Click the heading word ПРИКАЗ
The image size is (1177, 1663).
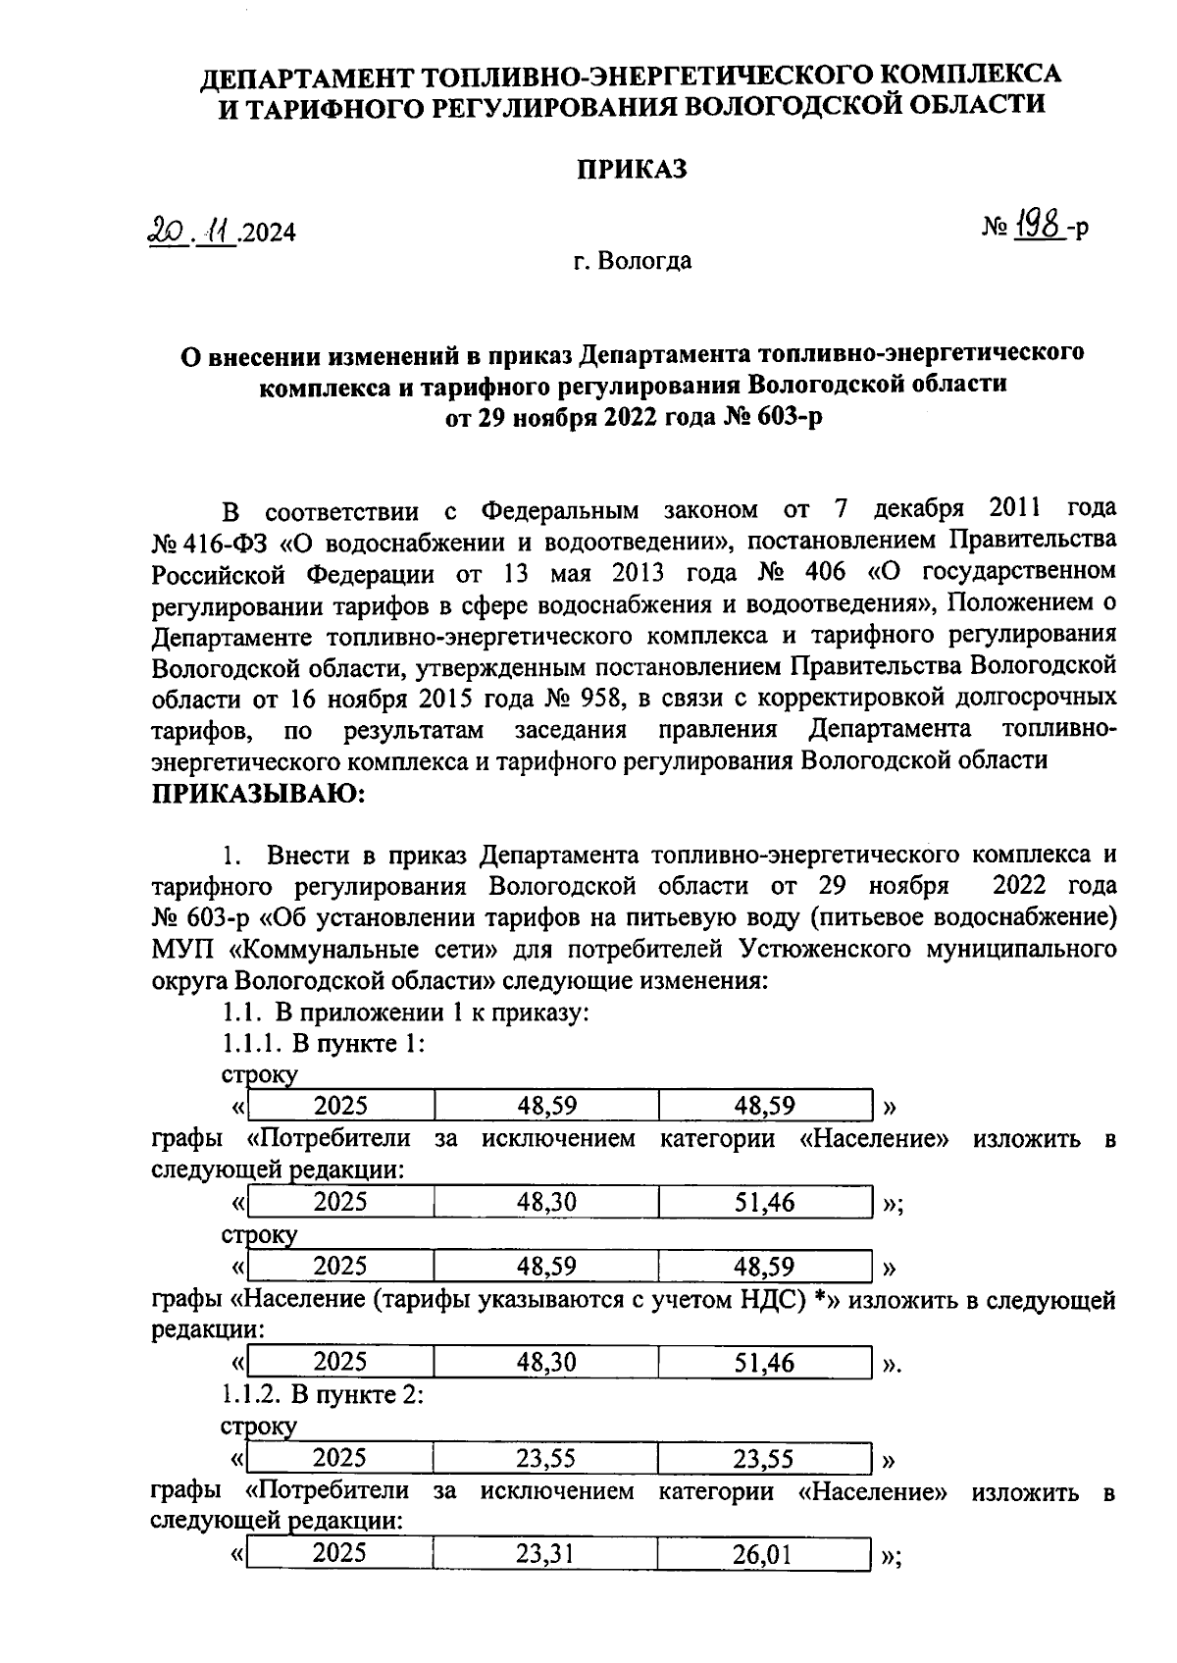[631, 170]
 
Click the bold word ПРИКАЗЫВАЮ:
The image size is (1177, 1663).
[258, 793]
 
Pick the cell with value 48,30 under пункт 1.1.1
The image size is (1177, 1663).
[546, 1202]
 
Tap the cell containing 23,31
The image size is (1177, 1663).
[545, 1553]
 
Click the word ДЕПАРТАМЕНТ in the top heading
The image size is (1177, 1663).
[307, 75]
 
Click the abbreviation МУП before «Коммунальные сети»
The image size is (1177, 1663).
[184, 949]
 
